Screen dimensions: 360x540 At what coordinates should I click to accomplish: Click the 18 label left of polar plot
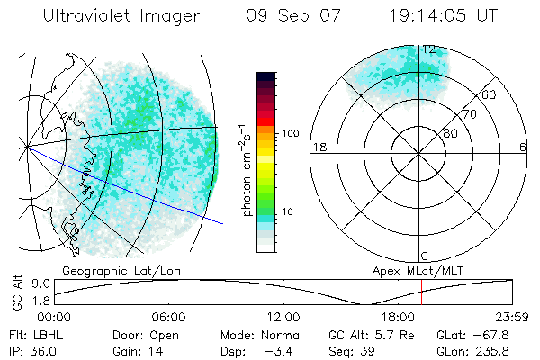click(x=318, y=148)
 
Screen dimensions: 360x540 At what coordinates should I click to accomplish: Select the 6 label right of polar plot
click(x=523, y=148)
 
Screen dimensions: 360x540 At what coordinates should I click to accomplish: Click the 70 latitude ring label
click(x=469, y=114)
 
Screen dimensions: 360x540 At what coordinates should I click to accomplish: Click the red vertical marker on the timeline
click(x=421, y=293)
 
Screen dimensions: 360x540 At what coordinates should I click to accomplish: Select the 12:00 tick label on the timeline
click(x=283, y=318)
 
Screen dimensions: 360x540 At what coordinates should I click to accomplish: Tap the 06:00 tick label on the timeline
click(x=168, y=318)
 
